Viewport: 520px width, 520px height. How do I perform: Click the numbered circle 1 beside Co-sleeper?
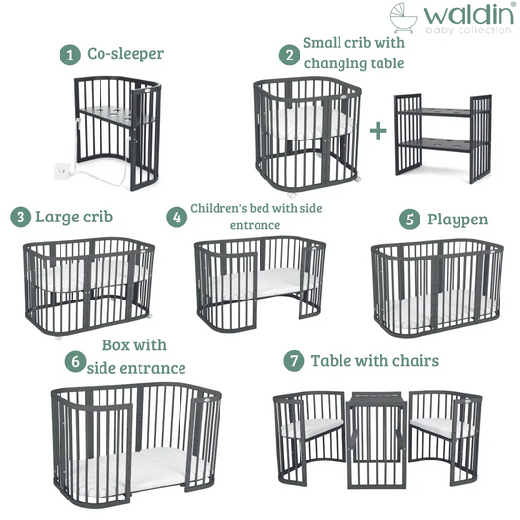(70, 55)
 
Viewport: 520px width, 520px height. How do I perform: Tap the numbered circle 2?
(289, 55)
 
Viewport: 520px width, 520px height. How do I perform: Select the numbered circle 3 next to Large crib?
(20, 218)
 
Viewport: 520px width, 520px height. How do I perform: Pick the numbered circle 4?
(177, 218)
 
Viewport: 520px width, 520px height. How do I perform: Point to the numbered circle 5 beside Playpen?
(409, 220)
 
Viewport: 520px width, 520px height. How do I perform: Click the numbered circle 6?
(76, 361)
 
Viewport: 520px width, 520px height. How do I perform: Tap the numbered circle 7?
(294, 360)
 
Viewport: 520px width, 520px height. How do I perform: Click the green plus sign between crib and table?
(379, 131)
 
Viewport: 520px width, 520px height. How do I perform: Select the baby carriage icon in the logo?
(403, 18)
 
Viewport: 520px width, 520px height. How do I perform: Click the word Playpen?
(458, 220)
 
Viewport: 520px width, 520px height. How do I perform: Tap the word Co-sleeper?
(125, 54)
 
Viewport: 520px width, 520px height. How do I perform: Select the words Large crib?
(74, 218)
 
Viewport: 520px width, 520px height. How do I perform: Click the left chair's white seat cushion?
(313, 428)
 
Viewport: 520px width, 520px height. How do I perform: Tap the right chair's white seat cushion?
(441, 427)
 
